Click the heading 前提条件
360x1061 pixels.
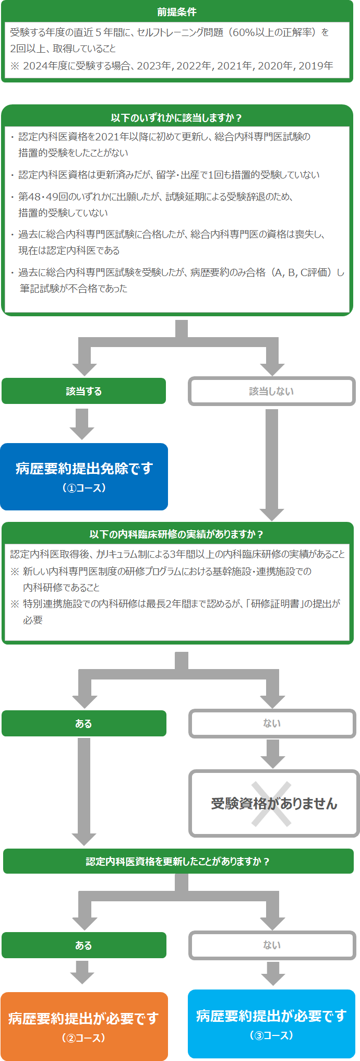point(177,11)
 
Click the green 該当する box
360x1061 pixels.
point(83,391)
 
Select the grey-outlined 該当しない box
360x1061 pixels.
point(271,391)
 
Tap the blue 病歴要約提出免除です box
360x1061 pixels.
point(84,476)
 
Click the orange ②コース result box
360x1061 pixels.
point(84,1026)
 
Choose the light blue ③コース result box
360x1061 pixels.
point(271,1024)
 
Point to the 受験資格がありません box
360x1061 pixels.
point(274,803)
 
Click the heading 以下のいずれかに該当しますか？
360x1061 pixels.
point(177,118)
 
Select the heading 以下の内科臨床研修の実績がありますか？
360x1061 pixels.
point(177,534)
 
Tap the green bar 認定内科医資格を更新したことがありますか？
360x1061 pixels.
point(178,861)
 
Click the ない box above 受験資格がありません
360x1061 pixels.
point(272,723)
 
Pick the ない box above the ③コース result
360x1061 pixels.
point(272,945)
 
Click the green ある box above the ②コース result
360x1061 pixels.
point(83,945)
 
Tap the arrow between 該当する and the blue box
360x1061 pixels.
point(82,424)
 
